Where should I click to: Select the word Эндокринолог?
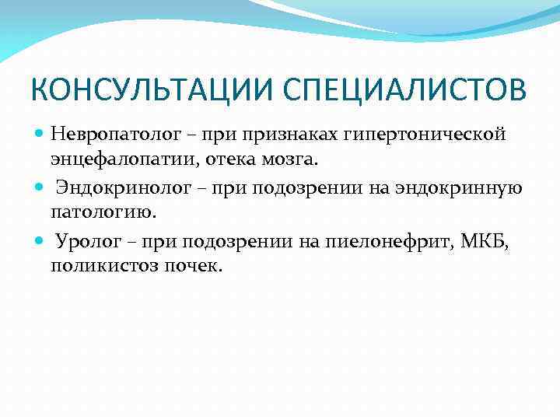pyautogui.click(x=114, y=187)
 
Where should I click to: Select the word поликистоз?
pyautogui.click(x=101, y=265)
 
